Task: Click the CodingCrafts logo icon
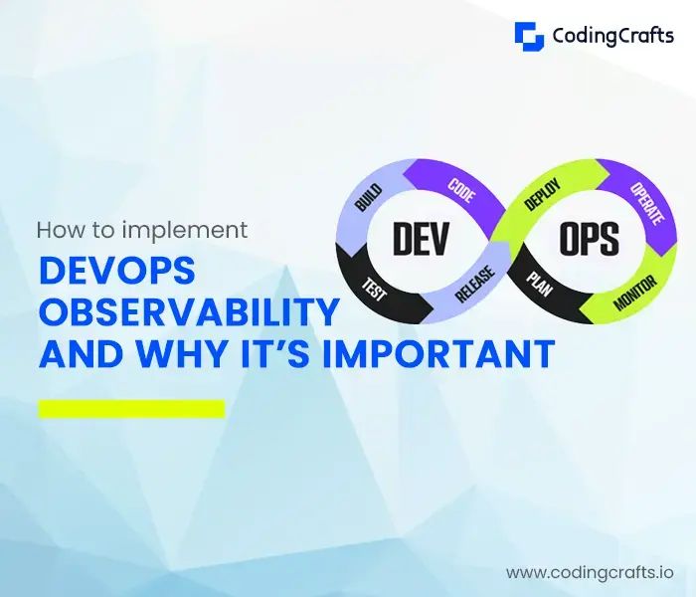[529, 36]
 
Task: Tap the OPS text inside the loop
[589, 239]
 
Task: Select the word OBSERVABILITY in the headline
[189, 313]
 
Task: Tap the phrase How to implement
[142, 230]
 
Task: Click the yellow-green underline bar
[131, 408]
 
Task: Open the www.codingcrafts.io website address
[590, 572]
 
